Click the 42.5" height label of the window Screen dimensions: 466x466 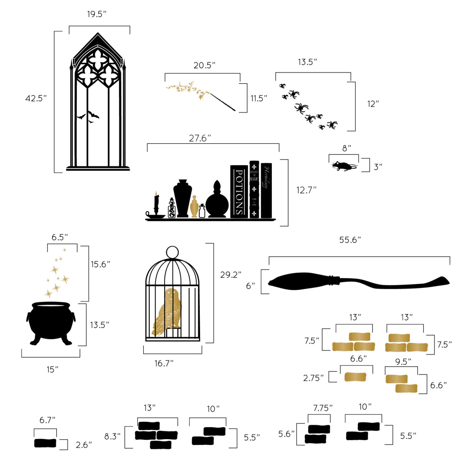36,98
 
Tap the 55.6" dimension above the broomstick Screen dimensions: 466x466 350,240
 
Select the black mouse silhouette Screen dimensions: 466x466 343,166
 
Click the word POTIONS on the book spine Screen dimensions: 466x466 239,192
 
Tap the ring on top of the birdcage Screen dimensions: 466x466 172,252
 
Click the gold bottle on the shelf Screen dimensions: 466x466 194,207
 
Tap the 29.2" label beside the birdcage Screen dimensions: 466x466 231,275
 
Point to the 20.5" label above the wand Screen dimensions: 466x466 204,65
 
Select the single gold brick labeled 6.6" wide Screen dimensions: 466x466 355,377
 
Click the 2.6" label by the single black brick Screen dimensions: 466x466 84,445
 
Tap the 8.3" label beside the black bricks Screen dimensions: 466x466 112,437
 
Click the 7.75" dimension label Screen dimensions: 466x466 323,408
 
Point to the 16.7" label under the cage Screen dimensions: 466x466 164,364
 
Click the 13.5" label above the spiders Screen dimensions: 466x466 307,62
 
